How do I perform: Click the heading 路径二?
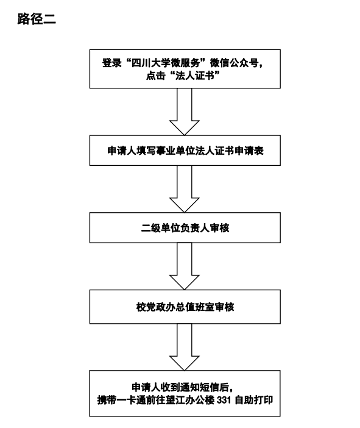tap(37, 19)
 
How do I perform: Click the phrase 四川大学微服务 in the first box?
tap(166, 63)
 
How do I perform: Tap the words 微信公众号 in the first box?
tap(234, 63)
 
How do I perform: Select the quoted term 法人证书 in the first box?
tap(194, 76)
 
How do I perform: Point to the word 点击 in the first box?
tap(155, 76)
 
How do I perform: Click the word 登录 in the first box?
tap(112, 63)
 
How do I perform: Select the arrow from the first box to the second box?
tap(185, 112)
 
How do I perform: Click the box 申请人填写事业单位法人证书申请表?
tap(185, 151)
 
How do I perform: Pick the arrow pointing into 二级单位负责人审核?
tap(185, 189)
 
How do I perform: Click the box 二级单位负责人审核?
tap(185, 227)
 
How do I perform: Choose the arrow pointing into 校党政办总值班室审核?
tap(185, 266)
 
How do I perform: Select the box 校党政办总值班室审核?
tap(185, 307)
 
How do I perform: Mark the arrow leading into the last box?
tap(185, 347)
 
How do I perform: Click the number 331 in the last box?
tap(224, 400)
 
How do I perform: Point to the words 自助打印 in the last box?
tap(253, 400)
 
